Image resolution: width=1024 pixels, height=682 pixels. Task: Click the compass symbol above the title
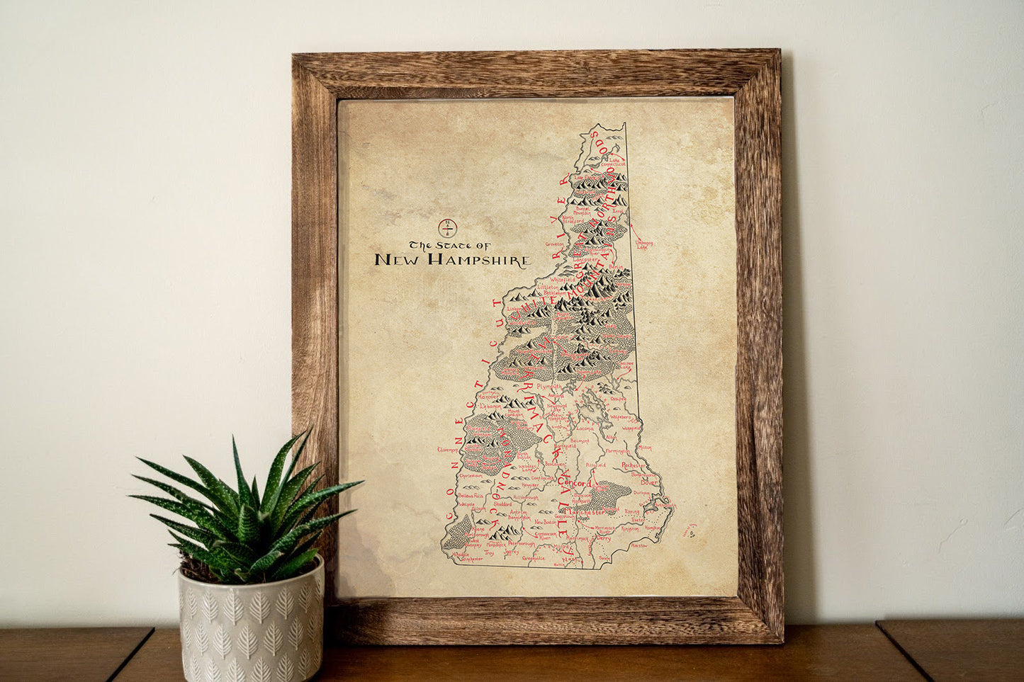coord(448,228)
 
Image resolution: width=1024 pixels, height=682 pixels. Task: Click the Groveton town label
coord(554,244)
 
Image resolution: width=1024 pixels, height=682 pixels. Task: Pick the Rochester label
coord(634,465)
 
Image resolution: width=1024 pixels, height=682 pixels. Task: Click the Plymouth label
coord(548,387)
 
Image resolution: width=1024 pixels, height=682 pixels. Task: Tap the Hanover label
coord(489,397)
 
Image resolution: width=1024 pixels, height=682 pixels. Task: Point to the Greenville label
coord(534,558)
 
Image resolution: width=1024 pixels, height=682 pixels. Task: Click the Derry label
coord(604,538)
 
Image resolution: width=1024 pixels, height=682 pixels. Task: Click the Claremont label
coord(448,449)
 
